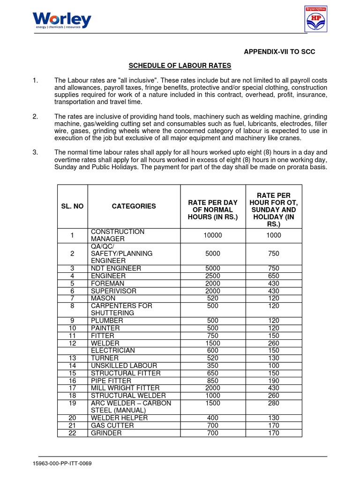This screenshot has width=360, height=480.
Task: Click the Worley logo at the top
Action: [x=62, y=21]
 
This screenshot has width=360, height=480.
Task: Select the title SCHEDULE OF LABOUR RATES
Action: [x=180, y=65]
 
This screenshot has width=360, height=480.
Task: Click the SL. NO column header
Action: [x=72, y=206]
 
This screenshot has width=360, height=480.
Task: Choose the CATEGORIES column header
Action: [x=134, y=206]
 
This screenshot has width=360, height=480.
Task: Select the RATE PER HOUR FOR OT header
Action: [x=274, y=206]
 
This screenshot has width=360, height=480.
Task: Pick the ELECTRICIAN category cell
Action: [x=113, y=350]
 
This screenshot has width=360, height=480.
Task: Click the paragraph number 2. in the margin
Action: [x=35, y=116]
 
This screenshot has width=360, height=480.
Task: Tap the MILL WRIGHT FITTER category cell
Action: [x=125, y=388]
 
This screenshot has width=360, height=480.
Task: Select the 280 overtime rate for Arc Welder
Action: [x=274, y=403]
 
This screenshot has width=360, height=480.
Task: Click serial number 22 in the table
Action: [x=72, y=433]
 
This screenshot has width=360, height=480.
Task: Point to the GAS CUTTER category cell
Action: [x=112, y=425]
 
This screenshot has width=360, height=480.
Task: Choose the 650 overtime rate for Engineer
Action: [x=274, y=276]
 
